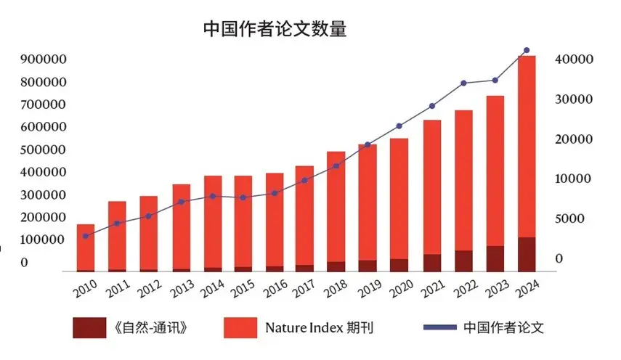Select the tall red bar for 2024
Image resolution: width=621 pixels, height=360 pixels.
pyautogui.click(x=527, y=145)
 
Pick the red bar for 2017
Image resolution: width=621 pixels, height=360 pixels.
pyautogui.click(x=304, y=218)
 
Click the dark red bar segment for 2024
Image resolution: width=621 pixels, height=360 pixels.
pyautogui.click(x=527, y=254)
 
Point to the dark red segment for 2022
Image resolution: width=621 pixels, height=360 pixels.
pyautogui.click(x=463, y=261)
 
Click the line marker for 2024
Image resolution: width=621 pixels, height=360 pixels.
pyautogui.click(x=527, y=50)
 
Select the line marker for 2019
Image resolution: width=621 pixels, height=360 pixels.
pyautogui.click(x=368, y=144)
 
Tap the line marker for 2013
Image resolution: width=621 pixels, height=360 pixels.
pyautogui.click(x=181, y=202)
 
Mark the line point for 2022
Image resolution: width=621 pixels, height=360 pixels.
pyautogui.click(x=463, y=83)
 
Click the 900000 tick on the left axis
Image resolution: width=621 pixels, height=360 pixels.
pyautogui.click(x=44, y=59)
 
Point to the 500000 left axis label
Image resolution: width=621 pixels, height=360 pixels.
pyautogui.click(x=44, y=150)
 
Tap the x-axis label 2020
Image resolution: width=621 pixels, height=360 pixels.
pyautogui.click(x=398, y=288)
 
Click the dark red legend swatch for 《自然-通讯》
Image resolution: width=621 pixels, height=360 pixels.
pyautogui.click(x=89, y=327)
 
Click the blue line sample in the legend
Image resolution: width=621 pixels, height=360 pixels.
pyautogui.click(x=437, y=327)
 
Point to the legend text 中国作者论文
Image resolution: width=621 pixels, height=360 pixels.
pyautogui.click(x=503, y=327)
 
